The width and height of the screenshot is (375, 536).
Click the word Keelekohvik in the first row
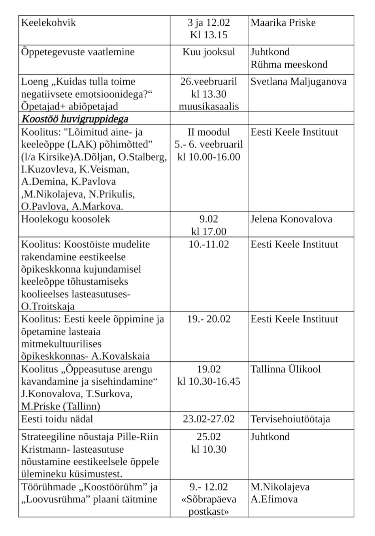[x=48, y=23]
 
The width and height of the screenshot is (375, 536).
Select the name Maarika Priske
[x=283, y=23]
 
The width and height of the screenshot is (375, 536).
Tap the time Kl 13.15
[x=209, y=35]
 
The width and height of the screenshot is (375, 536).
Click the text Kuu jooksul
[x=209, y=52]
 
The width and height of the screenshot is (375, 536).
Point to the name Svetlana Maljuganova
[x=298, y=82]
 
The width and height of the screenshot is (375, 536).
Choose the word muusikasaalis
[x=209, y=107]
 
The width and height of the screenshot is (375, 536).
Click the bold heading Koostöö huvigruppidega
[x=75, y=119]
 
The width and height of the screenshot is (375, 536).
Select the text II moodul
[x=209, y=132]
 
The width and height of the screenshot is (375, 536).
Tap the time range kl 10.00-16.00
[x=209, y=157]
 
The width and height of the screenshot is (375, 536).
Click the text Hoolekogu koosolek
[x=66, y=219]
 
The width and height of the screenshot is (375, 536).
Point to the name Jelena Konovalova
[x=291, y=219]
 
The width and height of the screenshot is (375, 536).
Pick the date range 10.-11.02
[x=209, y=244]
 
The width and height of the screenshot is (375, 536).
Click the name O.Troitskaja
[x=48, y=306]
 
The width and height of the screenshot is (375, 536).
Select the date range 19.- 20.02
[x=209, y=319]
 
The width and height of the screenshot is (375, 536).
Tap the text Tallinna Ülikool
[x=286, y=369]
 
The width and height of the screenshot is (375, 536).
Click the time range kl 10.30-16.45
[x=209, y=381]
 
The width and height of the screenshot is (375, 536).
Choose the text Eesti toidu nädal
[x=57, y=419]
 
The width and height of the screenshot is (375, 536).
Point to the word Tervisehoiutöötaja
[x=290, y=419]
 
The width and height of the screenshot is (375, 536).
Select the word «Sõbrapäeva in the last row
[x=209, y=499]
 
